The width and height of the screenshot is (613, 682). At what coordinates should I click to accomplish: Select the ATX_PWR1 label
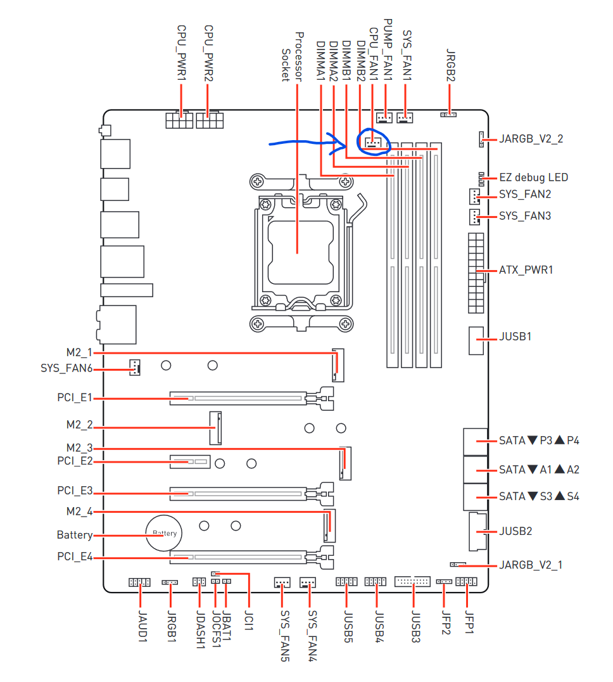coord(526,270)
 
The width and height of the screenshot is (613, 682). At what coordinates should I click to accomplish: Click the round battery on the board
coord(163,534)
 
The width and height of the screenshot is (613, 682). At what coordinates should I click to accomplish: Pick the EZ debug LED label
coord(533,177)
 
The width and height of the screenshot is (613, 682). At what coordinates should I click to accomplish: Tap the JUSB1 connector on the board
coord(476,341)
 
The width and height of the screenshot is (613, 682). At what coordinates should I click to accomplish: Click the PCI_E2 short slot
coord(189,461)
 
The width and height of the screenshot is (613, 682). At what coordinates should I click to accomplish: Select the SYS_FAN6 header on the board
coord(134,367)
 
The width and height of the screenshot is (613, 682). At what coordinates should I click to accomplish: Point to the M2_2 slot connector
coord(214,428)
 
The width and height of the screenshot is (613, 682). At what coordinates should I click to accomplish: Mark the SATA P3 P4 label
coord(539,441)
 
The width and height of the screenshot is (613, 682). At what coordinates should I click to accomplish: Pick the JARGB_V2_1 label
coord(531,565)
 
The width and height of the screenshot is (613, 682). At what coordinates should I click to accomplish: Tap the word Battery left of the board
coord(74,535)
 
